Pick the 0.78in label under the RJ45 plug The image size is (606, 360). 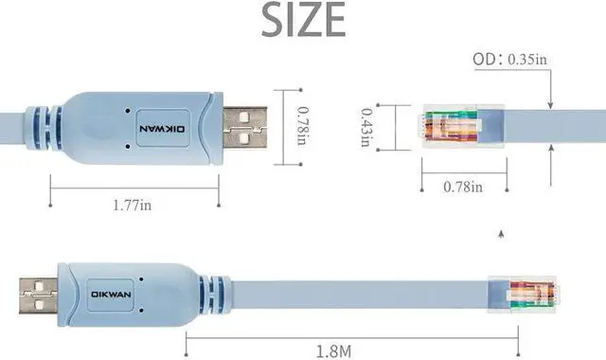[x=463, y=187]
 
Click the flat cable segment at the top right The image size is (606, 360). [x=549, y=127]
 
